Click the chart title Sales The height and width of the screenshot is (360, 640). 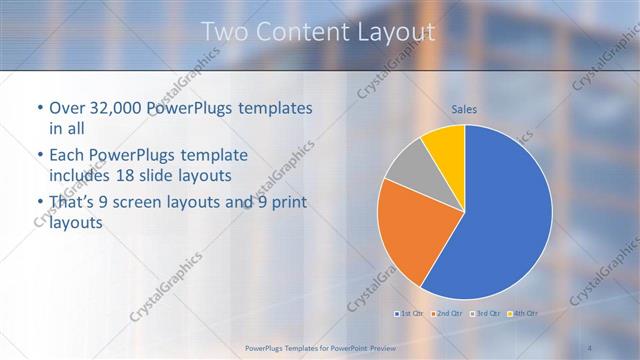(463, 109)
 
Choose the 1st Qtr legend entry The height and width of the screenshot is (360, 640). (408, 314)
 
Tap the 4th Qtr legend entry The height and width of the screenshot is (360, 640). (521, 314)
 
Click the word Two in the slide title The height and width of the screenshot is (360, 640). (224, 32)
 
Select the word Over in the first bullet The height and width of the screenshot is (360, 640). (67, 108)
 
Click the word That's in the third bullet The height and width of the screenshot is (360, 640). (73, 203)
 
